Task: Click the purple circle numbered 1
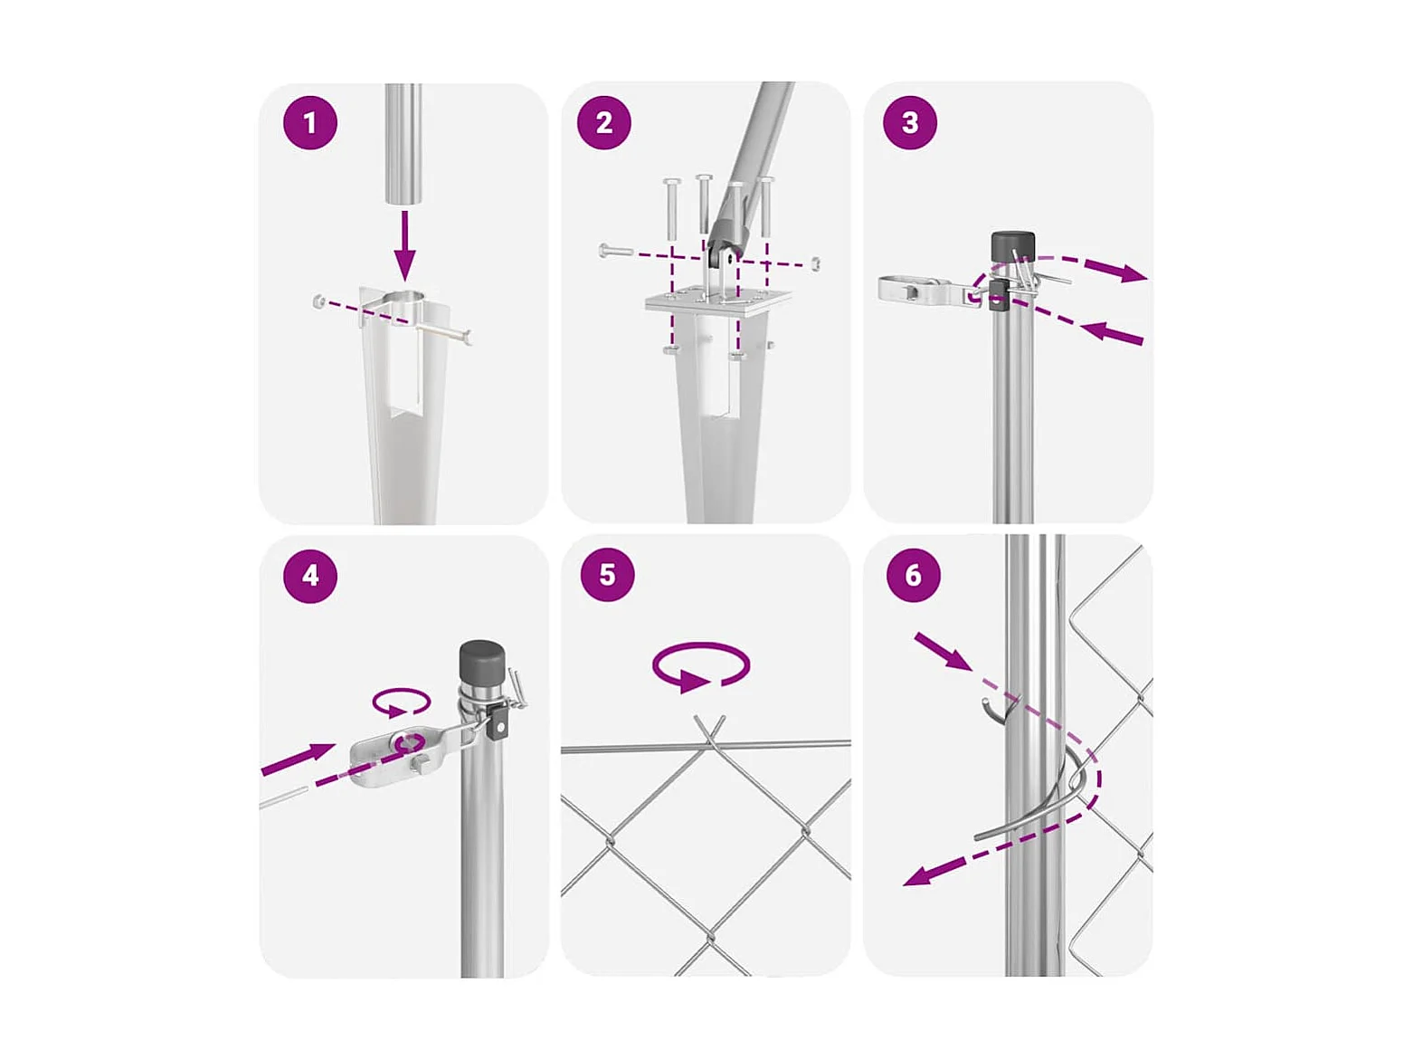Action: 310,122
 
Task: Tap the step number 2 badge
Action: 603,122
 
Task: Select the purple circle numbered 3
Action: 910,122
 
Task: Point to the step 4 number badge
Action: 310,575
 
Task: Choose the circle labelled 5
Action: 607,575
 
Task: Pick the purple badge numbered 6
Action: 913,575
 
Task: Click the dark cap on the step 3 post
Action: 1012,245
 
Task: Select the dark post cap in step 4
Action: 481,664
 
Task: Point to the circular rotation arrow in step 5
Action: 701,666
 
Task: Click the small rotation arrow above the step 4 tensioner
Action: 402,702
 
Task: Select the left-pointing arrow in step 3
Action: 1112,334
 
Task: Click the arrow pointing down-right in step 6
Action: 943,652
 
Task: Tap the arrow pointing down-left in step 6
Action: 934,872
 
